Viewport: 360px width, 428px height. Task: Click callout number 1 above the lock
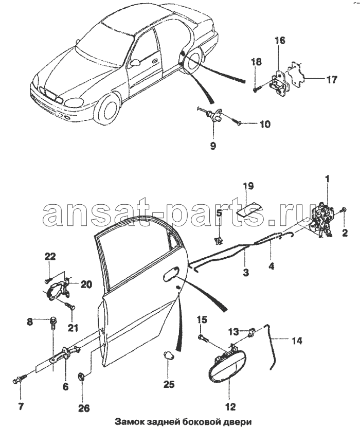327,180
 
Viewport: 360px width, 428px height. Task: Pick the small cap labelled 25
168,356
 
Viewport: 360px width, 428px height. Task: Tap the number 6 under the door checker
65,386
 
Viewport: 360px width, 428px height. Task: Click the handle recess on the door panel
171,276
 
